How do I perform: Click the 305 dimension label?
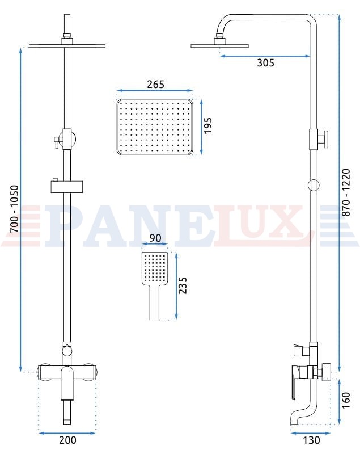point(265,63)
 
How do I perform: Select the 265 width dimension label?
point(155,84)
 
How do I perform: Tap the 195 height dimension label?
point(208,125)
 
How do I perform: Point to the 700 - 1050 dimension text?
point(14,208)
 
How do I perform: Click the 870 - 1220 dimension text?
point(346,192)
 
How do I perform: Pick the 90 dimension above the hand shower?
point(155,238)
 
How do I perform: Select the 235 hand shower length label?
point(183,285)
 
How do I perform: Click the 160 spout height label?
point(346,401)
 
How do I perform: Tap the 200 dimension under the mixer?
point(67,440)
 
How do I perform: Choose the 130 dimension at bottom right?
point(311,440)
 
